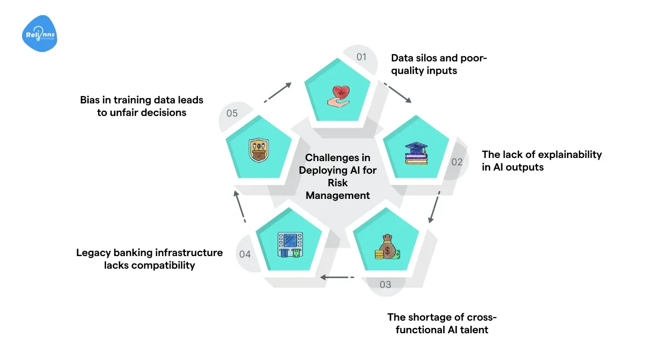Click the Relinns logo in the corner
tap(40, 34)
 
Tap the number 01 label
tap(361, 57)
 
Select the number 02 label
tap(457, 162)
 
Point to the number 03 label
tap(385, 284)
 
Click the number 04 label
tap(245, 254)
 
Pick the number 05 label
tap(232, 113)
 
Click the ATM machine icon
tap(287, 246)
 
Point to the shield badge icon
tap(258, 151)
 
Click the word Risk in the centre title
tap(338, 183)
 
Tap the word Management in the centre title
tap(338, 195)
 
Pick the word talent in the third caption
tap(475, 330)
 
